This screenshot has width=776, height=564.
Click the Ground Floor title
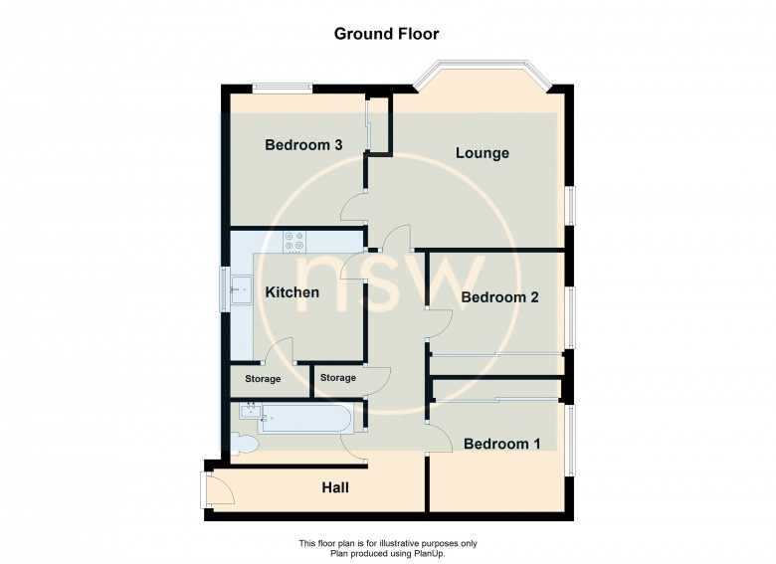(386, 34)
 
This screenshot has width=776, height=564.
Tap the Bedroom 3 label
(303, 145)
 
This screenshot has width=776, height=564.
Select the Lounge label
(483, 153)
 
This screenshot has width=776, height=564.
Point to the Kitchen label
(291, 292)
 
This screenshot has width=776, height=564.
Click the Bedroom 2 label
(499, 297)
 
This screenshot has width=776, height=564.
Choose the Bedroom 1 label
(501, 444)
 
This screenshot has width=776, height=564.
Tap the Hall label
(335, 487)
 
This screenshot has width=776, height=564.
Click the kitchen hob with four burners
(294, 242)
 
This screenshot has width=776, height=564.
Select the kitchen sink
(241, 289)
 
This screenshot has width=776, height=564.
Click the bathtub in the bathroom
(304, 419)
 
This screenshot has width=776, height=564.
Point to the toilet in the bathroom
(243, 443)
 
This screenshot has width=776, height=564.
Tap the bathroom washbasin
(251, 411)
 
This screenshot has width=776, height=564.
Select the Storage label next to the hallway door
(338, 378)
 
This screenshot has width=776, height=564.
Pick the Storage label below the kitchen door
(263, 379)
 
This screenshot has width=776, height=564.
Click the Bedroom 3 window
(283, 89)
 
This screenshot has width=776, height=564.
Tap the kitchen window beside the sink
(225, 289)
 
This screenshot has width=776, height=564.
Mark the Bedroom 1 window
(571, 441)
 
